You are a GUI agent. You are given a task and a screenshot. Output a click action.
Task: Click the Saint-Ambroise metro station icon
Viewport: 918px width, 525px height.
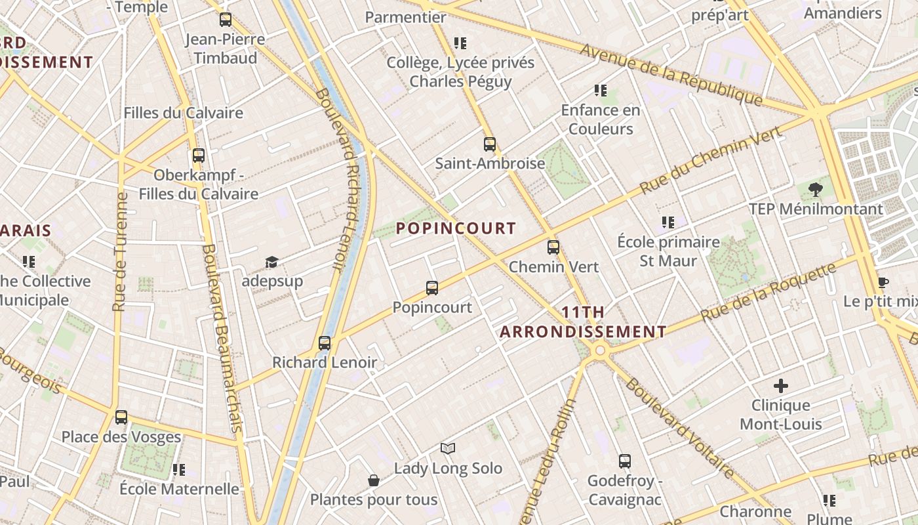[x=490, y=144]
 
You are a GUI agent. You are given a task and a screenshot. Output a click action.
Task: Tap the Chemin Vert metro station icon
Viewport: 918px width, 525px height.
[x=553, y=247]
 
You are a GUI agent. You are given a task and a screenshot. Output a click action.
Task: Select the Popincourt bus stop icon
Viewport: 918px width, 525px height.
[x=431, y=287]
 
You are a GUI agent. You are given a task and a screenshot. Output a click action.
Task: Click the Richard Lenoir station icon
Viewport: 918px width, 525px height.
[x=324, y=343]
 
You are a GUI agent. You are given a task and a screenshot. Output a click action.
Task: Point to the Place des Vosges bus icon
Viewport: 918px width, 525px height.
[x=121, y=417]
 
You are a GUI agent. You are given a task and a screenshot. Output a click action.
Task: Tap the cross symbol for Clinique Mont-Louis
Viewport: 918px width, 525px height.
[x=780, y=385]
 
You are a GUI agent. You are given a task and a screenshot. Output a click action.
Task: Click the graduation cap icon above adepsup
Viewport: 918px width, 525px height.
[x=271, y=262]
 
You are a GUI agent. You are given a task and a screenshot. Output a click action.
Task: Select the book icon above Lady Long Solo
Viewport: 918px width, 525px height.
[x=448, y=448]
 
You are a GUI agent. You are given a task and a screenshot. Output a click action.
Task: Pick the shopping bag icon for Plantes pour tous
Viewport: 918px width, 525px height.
[x=374, y=480]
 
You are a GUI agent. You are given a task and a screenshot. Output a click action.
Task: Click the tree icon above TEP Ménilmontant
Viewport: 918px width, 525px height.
[x=816, y=190]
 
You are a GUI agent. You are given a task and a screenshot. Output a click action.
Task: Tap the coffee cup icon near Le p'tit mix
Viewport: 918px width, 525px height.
[x=883, y=283]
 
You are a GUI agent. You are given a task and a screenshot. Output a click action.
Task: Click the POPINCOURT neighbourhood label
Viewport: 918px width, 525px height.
[x=456, y=228]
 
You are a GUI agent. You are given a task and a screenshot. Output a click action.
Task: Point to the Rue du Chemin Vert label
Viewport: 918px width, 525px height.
[x=711, y=159]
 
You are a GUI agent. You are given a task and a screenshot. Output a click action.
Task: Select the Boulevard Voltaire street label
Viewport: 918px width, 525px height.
[x=679, y=427]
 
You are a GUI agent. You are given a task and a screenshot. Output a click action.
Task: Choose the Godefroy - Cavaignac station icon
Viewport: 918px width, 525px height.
[x=624, y=461]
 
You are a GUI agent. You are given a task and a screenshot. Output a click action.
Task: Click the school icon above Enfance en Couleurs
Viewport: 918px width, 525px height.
[x=600, y=91]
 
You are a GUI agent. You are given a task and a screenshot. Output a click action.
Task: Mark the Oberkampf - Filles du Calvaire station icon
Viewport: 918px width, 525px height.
[x=199, y=156]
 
